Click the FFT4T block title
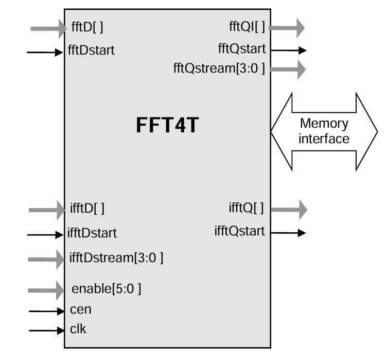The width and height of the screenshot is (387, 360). [x=167, y=126]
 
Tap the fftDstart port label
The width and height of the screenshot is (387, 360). [x=91, y=50]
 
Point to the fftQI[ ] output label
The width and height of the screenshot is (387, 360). [x=247, y=27]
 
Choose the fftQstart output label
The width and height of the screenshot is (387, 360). [x=242, y=49]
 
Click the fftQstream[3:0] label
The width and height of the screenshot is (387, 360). [x=219, y=68]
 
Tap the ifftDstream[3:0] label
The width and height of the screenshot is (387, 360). [x=116, y=257]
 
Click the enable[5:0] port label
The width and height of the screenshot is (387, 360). [x=106, y=288]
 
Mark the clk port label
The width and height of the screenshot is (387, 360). [x=78, y=329]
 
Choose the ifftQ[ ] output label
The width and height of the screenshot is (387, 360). [x=246, y=208]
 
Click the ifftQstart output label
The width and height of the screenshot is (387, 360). [x=240, y=231]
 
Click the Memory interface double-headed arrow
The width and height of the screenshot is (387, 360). [x=324, y=131]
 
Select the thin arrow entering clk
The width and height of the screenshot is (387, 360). [x=46, y=330]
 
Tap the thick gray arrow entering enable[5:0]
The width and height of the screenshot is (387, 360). [x=46, y=290]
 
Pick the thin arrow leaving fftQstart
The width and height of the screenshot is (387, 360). [x=288, y=50]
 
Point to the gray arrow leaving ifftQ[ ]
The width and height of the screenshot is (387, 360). [x=288, y=209]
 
